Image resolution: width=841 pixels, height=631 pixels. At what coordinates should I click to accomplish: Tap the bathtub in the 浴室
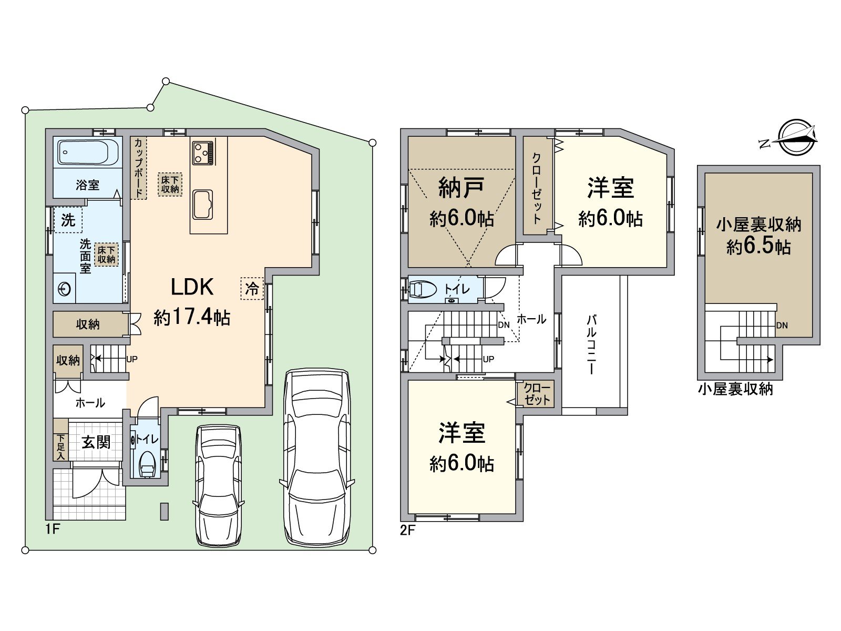point(87,152)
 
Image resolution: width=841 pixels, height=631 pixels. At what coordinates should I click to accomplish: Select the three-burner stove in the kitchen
point(203,153)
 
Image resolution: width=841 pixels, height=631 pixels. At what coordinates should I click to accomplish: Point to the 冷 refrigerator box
point(252,289)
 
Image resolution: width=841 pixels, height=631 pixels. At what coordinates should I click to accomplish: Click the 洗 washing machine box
point(68,220)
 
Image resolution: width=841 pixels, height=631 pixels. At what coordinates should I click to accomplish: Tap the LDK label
point(192,287)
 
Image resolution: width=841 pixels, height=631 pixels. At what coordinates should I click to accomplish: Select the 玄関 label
point(96,443)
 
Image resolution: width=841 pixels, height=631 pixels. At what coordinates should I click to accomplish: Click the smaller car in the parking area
point(219,485)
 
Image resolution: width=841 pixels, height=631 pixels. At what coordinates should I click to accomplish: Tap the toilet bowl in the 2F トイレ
point(423,289)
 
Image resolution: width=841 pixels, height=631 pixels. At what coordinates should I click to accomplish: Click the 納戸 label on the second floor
point(461,188)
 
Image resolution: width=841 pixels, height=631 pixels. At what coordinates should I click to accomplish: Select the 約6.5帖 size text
point(758,247)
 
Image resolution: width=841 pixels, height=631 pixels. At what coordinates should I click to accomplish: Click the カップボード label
point(139,168)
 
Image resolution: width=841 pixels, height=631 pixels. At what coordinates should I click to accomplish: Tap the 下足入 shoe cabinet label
point(61,447)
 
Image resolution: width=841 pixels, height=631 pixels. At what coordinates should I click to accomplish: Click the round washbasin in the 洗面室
point(65,289)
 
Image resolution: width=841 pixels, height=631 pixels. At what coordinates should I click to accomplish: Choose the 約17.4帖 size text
point(192,317)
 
